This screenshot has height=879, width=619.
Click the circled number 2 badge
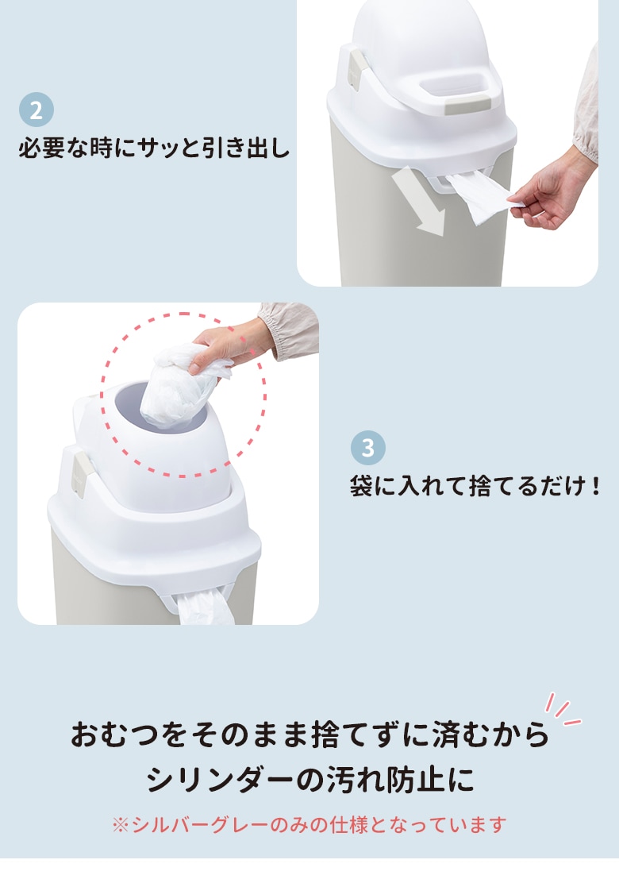[x=37, y=110]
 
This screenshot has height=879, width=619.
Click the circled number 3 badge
[x=368, y=447]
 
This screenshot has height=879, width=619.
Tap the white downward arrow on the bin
[x=420, y=202]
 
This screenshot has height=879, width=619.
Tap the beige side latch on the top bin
[x=357, y=71]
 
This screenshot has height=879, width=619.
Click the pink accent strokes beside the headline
[x=563, y=708]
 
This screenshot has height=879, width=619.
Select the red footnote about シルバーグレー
[x=309, y=825]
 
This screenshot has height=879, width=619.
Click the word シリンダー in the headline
[x=221, y=779]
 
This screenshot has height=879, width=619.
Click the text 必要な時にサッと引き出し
[x=154, y=148]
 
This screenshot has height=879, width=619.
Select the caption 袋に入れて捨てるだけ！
[x=475, y=485]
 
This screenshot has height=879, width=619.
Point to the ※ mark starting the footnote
[x=121, y=825]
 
